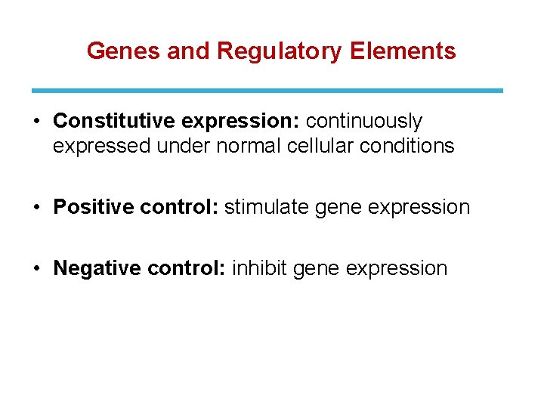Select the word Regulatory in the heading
[280, 51]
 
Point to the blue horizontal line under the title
[267, 90]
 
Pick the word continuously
[363, 121]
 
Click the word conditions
[407, 146]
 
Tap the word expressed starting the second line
[102, 146]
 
